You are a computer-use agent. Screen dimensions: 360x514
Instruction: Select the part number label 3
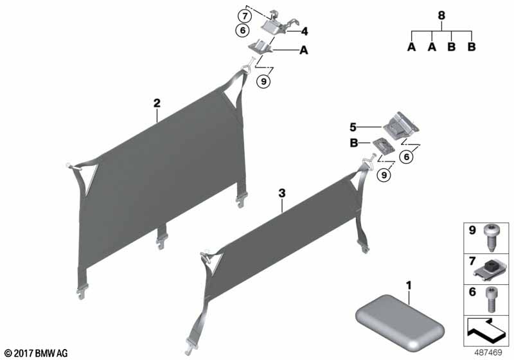281,192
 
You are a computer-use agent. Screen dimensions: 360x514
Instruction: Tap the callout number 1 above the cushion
408,284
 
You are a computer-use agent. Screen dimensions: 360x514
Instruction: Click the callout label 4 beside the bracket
305,30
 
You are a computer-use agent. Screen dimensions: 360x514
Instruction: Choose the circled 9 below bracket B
384,174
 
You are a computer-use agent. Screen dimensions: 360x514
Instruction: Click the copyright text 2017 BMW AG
35,353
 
